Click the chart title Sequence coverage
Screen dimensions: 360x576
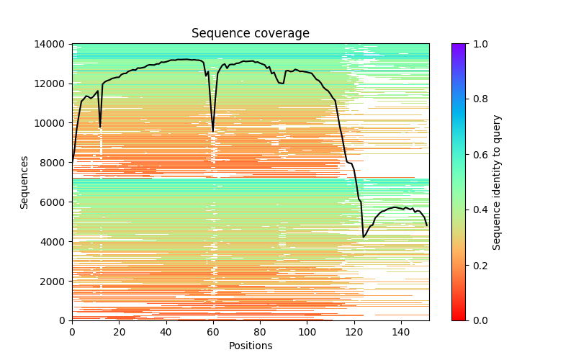250,34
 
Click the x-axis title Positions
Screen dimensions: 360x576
250,346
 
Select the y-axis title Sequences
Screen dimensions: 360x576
24,182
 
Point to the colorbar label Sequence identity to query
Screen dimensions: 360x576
497,182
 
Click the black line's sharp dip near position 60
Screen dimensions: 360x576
213,132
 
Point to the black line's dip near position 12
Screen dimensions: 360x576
100,127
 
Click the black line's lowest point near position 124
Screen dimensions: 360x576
364,237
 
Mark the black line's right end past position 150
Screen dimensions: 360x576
427,225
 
